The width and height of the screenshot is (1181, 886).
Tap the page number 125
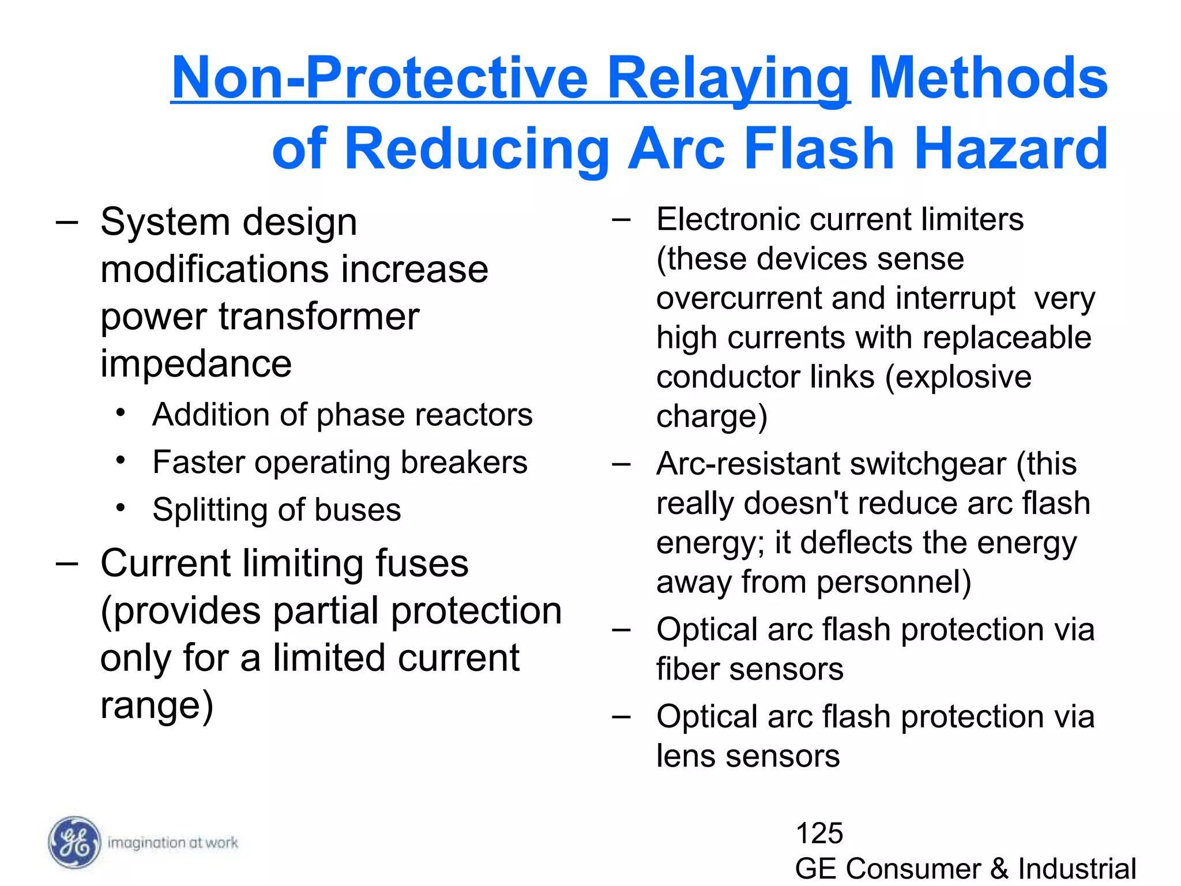click(x=819, y=833)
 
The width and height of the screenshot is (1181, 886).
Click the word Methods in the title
click(x=988, y=78)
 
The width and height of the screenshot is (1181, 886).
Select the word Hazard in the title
click(x=1010, y=149)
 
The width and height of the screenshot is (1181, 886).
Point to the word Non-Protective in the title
click(x=379, y=78)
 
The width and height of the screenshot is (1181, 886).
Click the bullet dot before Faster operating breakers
click(x=120, y=460)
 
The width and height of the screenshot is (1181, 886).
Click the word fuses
click(x=422, y=563)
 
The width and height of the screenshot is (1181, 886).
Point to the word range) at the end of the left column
click(x=157, y=705)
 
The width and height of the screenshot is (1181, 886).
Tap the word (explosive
click(x=958, y=377)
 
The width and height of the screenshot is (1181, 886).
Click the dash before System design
click(x=67, y=222)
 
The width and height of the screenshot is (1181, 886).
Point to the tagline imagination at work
click(x=172, y=843)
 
